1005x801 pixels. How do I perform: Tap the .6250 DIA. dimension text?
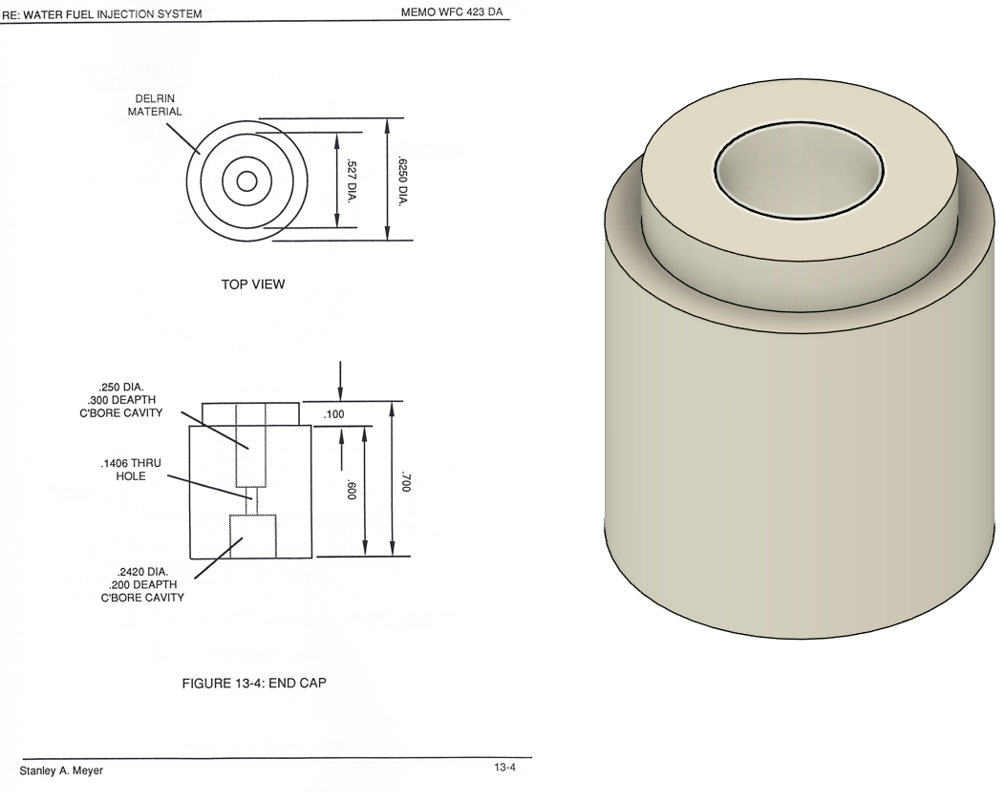[400, 179]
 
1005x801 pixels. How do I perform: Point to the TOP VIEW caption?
[253, 285]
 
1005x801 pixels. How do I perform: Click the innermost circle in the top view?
[246, 181]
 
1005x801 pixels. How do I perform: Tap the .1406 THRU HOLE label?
[131, 469]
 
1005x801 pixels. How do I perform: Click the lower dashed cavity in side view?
[252, 537]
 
